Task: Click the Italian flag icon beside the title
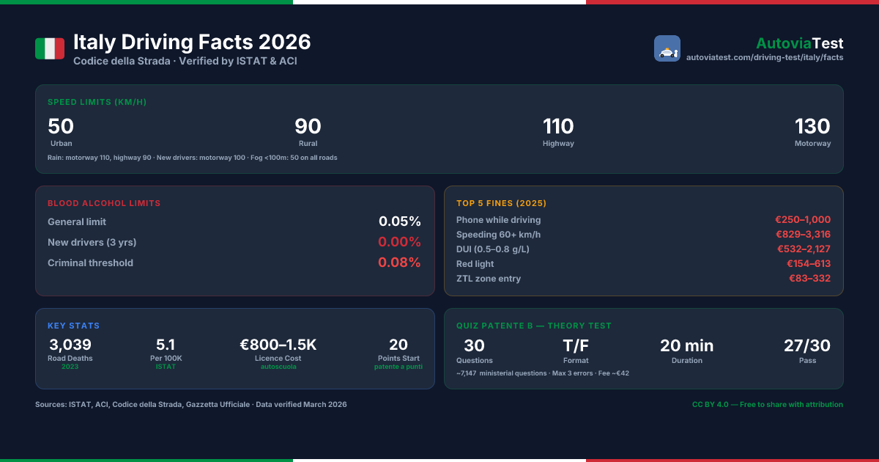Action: point(50,48)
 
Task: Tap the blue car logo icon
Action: point(667,48)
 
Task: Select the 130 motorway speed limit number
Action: point(812,126)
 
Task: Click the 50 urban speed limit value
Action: point(61,126)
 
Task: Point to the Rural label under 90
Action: point(308,144)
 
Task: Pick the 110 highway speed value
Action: point(558,126)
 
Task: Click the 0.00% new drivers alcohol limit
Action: point(399,241)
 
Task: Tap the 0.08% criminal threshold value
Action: point(399,263)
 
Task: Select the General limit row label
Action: point(77,222)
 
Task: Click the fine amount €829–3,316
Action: point(804,234)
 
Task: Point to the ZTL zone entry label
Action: point(489,279)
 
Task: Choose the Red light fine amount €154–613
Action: point(809,263)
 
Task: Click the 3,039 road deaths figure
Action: point(70,345)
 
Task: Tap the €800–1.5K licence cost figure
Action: point(278,345)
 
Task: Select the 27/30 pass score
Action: point(807,345)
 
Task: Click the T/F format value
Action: point(576,345)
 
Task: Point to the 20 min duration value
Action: point(687,345)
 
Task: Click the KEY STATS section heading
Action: point(73,326)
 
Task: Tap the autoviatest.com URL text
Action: point(765,57)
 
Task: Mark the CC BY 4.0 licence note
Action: point(768,404)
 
